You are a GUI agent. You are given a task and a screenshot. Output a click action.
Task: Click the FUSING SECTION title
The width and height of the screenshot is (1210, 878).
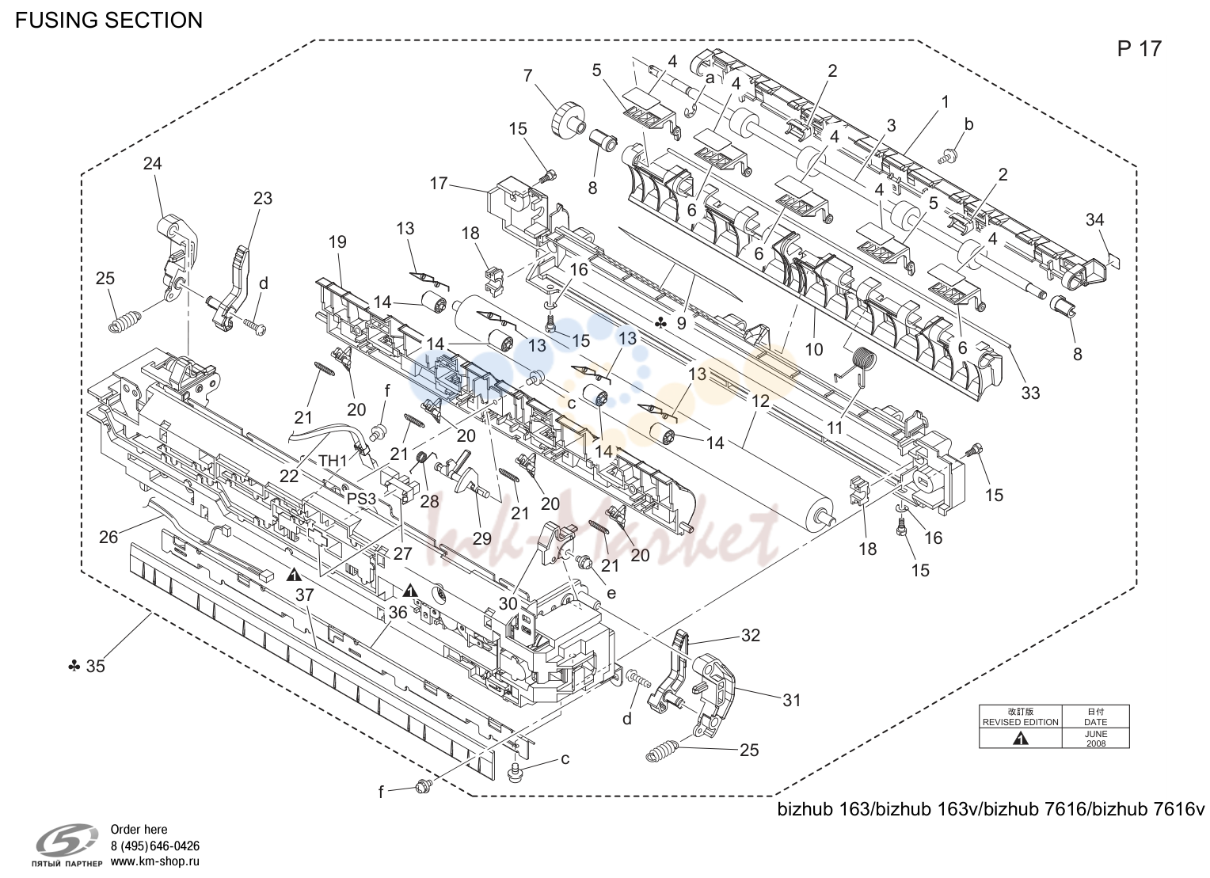109,21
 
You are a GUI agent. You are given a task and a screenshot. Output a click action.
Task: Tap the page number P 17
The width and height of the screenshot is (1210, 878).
1140,49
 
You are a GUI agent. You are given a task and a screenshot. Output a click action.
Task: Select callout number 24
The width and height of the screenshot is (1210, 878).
152,163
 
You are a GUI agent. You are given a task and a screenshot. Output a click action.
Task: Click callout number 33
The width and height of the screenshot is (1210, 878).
1031,393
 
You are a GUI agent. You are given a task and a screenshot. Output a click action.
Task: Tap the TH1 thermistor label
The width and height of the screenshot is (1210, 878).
333,461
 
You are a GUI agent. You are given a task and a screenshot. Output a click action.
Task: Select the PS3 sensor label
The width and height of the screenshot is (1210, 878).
361,499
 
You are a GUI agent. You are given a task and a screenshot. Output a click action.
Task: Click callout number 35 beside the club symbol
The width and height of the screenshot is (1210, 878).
96,667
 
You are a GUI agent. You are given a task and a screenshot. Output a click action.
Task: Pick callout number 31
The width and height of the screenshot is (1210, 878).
792,701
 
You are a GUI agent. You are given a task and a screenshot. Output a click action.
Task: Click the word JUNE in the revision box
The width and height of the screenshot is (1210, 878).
1095,734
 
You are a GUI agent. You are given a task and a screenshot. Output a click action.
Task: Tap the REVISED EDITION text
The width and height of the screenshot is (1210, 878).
1021,723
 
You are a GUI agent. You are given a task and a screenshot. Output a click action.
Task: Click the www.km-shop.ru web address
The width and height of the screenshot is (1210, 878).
155,862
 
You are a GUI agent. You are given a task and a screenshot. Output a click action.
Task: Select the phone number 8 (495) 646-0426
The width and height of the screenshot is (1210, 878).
155,846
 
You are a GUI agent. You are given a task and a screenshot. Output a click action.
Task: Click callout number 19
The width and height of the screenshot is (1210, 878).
337,242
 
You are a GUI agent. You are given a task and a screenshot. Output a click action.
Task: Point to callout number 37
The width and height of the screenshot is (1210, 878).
305,595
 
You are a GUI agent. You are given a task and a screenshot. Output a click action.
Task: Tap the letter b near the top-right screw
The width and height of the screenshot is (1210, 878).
969,124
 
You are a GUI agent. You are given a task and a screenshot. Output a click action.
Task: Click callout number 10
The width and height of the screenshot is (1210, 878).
814,350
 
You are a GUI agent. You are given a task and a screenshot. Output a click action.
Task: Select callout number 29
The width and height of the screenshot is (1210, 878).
481,538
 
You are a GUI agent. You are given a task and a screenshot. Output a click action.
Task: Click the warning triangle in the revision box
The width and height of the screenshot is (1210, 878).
1021,739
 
